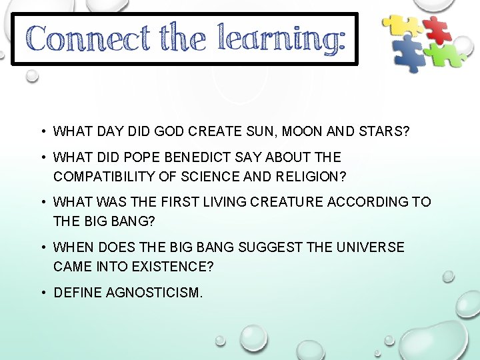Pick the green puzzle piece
(445, 55)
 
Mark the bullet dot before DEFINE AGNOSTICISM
(41, 293)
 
